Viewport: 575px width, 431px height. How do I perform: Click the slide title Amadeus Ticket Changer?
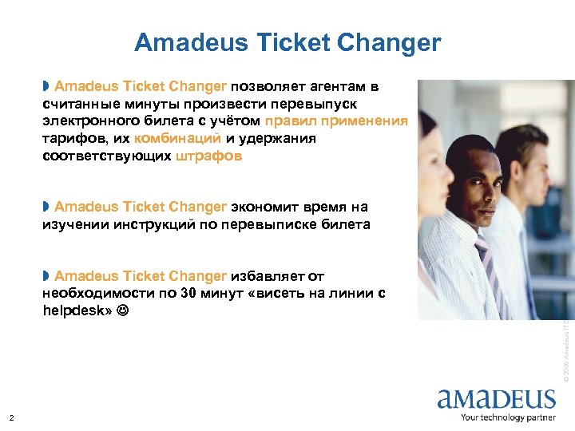pos(287,42)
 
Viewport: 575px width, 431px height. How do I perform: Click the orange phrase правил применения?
pos(336,121)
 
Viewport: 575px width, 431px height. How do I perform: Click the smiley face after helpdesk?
pos(121,310)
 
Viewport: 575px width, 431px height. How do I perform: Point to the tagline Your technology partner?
pos(507,417)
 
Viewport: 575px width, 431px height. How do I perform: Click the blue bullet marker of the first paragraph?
pos(46,85)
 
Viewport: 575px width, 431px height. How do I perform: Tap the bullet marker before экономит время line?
pos(46,207)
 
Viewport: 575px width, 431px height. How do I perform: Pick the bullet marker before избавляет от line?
pos(46,275)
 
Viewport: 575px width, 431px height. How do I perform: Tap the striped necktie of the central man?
pos(485,263)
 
